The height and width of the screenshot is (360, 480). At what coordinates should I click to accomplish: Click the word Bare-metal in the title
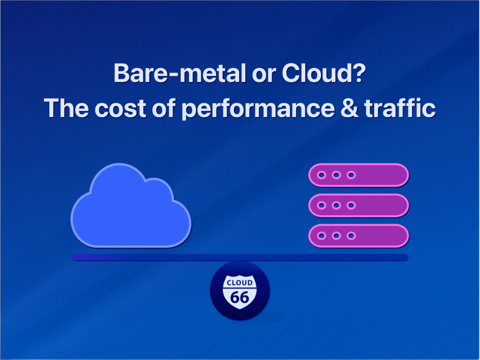coord(180,73)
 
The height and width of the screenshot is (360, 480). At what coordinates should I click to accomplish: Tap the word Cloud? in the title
coord(324,73)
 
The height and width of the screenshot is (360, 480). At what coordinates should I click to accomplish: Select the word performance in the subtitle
coord(258,109)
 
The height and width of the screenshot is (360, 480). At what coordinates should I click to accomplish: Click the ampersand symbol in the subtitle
coord(349,108)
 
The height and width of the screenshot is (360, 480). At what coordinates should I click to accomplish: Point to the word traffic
coord(399,108)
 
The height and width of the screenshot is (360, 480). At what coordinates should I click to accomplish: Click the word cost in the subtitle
coord(120,108)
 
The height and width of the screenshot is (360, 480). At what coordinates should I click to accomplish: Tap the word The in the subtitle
coord(67,108)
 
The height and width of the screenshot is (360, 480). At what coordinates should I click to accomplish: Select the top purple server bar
coord(359,175)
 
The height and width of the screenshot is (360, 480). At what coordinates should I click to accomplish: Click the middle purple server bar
coord(359,206)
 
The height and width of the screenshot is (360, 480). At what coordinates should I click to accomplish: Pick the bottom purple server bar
coord(359,236)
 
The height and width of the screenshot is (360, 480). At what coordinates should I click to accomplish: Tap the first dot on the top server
coord(321,175)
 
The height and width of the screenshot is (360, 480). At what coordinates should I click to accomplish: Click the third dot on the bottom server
coord(351,236)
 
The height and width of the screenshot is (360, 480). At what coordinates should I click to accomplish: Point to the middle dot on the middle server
coord(336,206)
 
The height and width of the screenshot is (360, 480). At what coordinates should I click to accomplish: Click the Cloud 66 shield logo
coord(240,291)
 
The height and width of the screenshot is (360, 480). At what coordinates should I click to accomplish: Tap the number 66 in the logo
coord(240,297)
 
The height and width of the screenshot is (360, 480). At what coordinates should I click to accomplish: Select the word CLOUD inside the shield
coord(240,282)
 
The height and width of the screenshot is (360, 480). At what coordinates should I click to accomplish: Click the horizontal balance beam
coord(240,257)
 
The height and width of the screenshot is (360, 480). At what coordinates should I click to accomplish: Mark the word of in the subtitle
coord(164,108)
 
